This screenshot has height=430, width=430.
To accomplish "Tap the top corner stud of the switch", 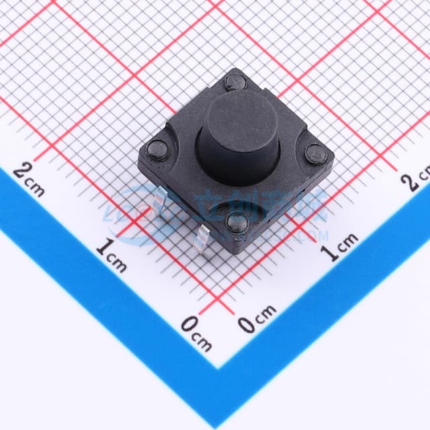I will coord(234,83).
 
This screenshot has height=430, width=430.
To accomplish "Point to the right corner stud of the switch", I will coord(315,155).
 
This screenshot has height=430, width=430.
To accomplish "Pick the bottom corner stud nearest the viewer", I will coord(237,222).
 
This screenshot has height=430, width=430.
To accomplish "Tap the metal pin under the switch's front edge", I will coord(206,236).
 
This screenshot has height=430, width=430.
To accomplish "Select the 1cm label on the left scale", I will coord(111,255).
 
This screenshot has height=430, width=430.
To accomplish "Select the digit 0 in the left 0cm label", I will coord(189,325).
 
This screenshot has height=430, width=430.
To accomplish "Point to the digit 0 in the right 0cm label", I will coord(247,325).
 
